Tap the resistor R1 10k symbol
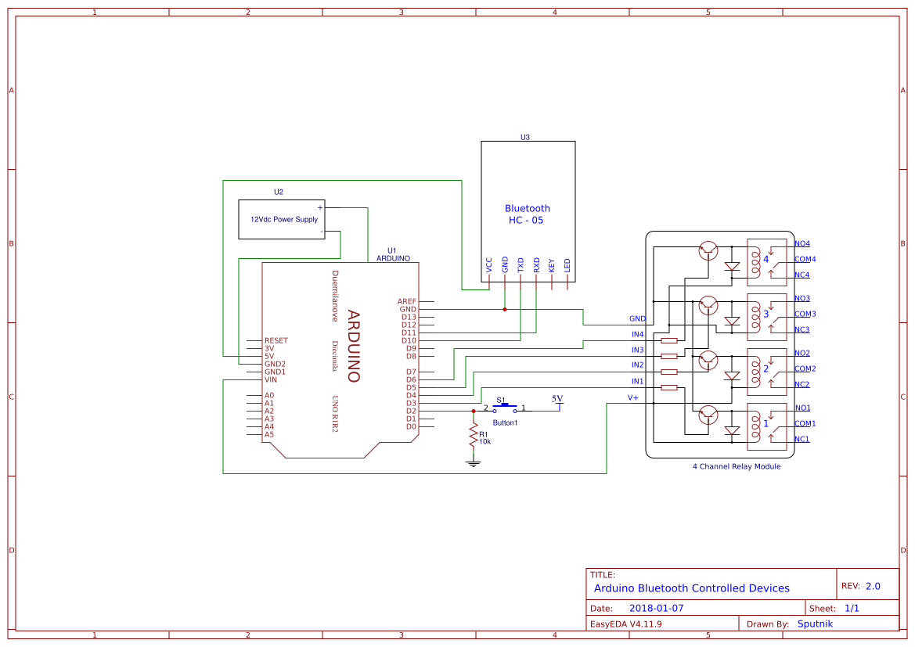point(473,435)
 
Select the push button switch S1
point(505,408)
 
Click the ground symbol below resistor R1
point(473,462)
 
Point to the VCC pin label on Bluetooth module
point(489,266)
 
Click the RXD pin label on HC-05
point(537,265)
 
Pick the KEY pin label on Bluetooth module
point(552,266)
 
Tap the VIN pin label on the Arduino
point(271,379)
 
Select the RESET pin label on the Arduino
point(276,340)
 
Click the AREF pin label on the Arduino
point(407,301)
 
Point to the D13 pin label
point(409,317)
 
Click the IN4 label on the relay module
point(637,335)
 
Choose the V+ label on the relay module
point(633,398)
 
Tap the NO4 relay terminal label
point(802,243)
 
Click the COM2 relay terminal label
point(805,368)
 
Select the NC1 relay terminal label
point(802,439)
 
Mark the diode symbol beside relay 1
point(733,431)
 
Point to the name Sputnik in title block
point(815,624)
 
